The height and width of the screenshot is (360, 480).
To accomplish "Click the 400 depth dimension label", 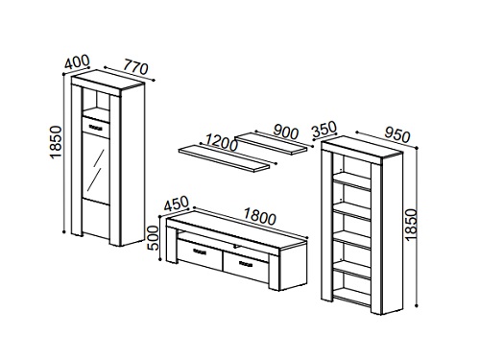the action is [x=77, y=62].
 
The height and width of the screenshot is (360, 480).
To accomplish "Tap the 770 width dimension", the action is [x=135, y=67].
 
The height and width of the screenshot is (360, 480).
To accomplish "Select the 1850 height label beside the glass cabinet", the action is [x=56, y=142].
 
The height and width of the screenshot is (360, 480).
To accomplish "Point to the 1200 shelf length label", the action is [x=222, y=143].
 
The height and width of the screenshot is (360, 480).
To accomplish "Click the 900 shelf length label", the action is [x=285, y=132].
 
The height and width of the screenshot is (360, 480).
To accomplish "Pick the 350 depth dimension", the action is [x=324, y=129].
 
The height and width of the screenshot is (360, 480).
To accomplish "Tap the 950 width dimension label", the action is [x=396, y=134].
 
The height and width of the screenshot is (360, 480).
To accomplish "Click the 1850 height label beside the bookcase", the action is [x=411, y=225].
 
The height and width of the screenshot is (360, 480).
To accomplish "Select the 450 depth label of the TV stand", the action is [x=177, y=204].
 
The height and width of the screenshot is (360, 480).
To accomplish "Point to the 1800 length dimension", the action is [x=259, y=216].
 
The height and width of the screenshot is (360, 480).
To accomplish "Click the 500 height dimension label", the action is [x=153, y=238].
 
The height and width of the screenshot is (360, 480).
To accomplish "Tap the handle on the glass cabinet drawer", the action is [x=95, y=127].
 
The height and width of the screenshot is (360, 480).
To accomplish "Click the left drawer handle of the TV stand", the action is [x=199, y=252].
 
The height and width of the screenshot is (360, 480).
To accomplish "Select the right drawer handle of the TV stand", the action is [x=246, y=264].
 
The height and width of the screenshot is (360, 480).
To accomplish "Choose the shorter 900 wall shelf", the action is [x=273, y=144].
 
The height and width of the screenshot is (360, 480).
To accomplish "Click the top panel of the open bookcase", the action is [x=362, y=146].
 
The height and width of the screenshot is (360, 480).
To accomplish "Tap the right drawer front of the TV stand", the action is [x=246, y=263].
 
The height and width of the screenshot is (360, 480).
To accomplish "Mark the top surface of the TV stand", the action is [x=237, y=229].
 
